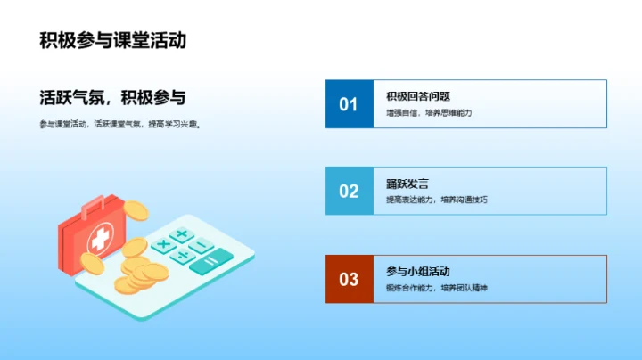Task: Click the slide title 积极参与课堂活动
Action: [x=112, y=41]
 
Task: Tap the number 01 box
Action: [x=349, y=104]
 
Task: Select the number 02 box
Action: [x=349, y=191]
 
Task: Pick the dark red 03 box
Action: [x=349, y=279]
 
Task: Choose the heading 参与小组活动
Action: [x=418, y=271]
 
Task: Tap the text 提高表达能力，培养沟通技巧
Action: [x=437, y=200]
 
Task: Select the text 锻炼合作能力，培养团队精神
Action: [x=437, y=288]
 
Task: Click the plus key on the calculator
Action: [x=182, y=235]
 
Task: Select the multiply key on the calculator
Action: [x=162, y=243]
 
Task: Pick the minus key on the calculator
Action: [x=202, y=245]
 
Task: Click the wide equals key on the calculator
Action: [x=210, y=262]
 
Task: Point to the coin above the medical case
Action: [x=136, y=210]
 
